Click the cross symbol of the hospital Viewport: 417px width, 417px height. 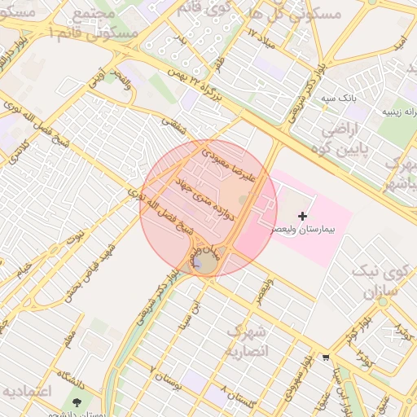tap(303, 216)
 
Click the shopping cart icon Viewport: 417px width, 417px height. tap(327, 357)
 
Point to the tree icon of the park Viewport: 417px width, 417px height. tap(77, 403)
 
